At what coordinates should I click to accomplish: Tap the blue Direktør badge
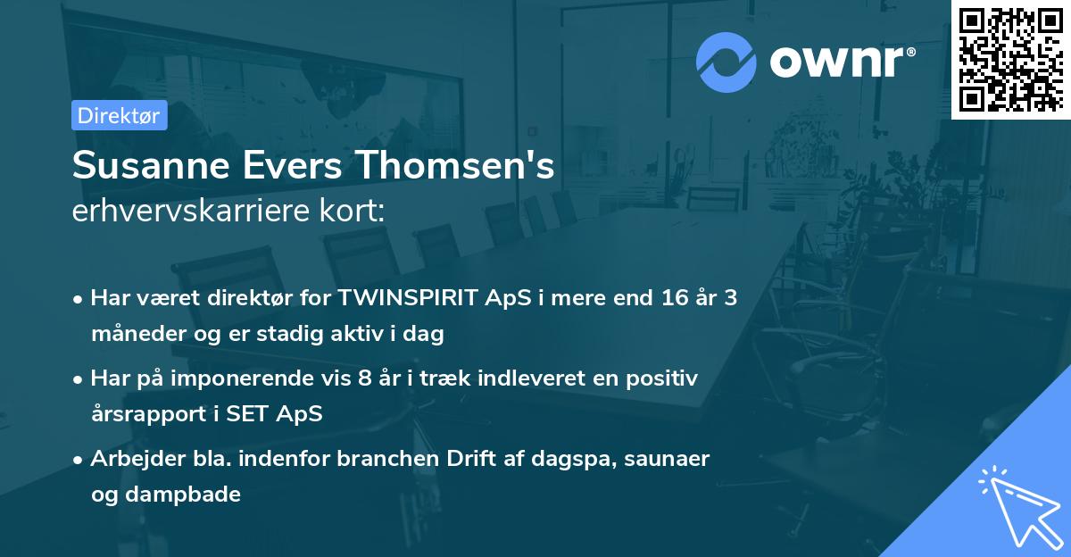[120, 115]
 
